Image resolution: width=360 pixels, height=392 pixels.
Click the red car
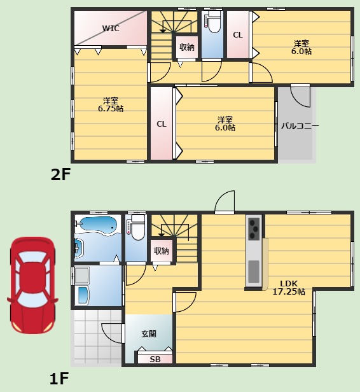tap(32, 285)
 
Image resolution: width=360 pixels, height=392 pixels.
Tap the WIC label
tap(111, 28)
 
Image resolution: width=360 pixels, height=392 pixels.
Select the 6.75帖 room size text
tap(111, 109)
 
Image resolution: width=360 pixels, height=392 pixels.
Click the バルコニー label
tap(300, 126)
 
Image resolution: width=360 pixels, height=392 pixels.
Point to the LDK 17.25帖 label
tap(289, 288)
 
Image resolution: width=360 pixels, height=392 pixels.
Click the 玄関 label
tap(149, 333)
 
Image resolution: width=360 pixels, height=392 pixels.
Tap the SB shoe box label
tap(155, 360)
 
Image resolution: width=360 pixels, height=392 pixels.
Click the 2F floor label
tap(60, 174)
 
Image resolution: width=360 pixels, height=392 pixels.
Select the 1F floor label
tap(59, 379)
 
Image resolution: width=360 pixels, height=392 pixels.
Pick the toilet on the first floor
tap(136, 228)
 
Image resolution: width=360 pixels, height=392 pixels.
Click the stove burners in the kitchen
tap(254, 228)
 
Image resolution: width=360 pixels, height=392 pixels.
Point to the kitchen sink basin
tap(254, 271)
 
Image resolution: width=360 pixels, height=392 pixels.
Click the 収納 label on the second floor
tap(186, 47)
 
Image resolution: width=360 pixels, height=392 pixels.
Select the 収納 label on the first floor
tap(162, 251)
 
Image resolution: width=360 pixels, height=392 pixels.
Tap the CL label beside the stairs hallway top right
tap(238, 35)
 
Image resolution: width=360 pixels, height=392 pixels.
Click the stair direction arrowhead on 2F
tap(163, 31)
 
